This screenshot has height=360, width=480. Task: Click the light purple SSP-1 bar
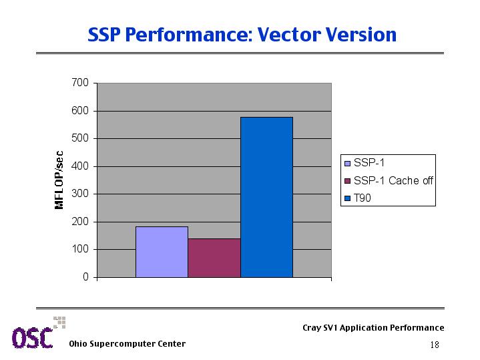click(162, 252)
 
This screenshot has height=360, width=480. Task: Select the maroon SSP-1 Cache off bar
click(214, 258)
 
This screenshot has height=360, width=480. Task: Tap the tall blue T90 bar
click(266, 197)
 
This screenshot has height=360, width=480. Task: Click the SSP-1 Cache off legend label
click(393, 180)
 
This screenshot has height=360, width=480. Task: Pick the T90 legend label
click(362, 198)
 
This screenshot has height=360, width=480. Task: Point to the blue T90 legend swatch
click(347, 198)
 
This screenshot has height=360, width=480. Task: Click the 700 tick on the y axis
click(80, 82)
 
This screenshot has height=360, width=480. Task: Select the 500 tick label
click(80, 138)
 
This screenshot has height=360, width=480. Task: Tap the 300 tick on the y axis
click(80, 194)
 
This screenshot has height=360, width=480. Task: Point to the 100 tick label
click(80, 249)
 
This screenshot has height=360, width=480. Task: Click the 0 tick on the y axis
click(85, 277)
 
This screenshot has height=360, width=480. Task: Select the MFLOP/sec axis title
click(59, 180)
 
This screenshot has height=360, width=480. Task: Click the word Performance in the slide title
click(189, 35)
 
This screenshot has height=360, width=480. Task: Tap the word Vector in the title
click(288, 34)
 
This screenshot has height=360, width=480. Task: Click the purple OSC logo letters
click(33, 338)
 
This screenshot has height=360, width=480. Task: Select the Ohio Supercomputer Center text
click(128, 344)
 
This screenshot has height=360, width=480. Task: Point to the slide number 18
click(435, 345)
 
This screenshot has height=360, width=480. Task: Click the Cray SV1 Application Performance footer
click(373, 327)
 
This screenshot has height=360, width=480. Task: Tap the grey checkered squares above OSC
click(59, 323)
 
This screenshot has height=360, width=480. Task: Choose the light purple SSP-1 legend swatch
click(347, 163)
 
